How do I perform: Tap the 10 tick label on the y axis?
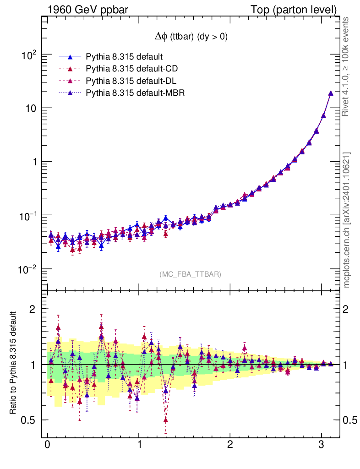31,109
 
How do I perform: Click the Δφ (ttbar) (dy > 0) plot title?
191,37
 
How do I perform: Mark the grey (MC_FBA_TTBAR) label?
191,274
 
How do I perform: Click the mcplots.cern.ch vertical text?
347,220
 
